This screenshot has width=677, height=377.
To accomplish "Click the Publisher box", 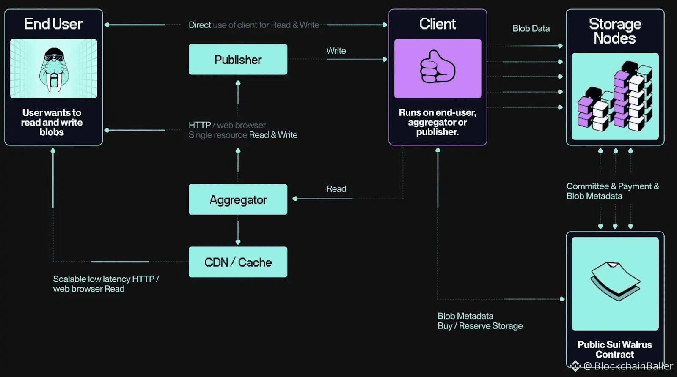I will click(x=238, y=60).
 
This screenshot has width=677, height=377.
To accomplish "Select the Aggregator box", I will click(x=238, y=199).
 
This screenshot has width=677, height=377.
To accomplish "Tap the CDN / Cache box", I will click(x=238, y=262).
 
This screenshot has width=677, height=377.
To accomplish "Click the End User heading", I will click(x=53, y=24).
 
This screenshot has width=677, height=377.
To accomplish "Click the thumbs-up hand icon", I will click(x=438, y=68).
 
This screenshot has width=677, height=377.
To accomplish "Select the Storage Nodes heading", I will click(x=615, y=31).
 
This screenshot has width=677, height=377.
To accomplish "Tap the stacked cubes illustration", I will click(x=615, y=96).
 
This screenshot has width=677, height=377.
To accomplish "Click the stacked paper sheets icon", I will click(x=615, y=281).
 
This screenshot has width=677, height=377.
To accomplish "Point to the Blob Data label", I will click(x=531, y=29).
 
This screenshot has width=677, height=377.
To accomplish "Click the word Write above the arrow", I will click(x=336, y=51).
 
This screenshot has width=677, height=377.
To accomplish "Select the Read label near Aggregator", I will click(x=336, y=189).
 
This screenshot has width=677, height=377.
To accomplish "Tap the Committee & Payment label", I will click(x=612, y=186).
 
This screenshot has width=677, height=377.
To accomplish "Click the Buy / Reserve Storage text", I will click(x=480, y=326).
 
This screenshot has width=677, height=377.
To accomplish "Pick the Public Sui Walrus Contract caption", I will click(x=615, y=350).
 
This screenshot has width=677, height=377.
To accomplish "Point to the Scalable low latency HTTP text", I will click(x=106, y=279).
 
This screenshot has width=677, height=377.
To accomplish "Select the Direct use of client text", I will click(x=254, y=25).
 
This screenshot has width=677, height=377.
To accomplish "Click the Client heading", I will click(x=438, y=24).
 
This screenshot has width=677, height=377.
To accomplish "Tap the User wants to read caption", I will click(x=52, y=122).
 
